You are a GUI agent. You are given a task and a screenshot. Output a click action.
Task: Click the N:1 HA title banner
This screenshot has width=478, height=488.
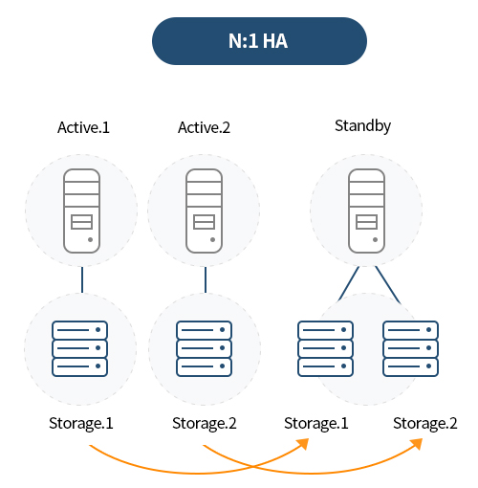(x=259, y=41)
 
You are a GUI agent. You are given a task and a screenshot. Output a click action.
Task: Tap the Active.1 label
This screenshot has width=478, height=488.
(x=83, y=127)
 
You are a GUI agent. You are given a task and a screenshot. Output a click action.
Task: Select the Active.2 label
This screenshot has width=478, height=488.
(x=204, y=127)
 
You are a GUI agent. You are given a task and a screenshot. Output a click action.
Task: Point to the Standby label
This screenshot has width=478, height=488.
(x=362, y=126)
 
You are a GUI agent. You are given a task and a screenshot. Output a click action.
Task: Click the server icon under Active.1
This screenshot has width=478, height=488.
(x=81, y=211)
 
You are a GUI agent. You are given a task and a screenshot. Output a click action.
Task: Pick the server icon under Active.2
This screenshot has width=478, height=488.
(x=204, y=211)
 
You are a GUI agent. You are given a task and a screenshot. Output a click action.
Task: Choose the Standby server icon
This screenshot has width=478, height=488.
(x=366, y=211)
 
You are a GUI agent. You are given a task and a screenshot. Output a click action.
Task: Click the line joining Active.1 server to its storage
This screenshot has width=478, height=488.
(x=82, y=279)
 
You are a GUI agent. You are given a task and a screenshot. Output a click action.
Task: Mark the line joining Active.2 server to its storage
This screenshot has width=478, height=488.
(x=206, y=279)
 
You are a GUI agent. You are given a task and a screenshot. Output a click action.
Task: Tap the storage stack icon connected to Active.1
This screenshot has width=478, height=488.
(x=79, y=348)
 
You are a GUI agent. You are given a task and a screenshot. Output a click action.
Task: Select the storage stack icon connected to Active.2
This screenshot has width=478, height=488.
(x=204, y=348)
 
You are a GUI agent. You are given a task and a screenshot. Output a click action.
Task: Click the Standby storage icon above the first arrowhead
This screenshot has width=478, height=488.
(x=325, y=348)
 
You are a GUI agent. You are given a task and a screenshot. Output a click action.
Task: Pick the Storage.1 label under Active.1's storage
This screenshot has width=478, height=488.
(x=81, y=423)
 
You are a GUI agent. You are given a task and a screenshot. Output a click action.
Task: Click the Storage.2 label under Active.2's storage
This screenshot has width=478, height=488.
(x=205, y=423)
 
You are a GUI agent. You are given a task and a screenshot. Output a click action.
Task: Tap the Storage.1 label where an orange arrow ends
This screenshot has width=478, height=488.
(x=316, y=423)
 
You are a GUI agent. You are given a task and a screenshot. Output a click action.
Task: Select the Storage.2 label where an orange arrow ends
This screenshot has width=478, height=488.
(x=425, y=423)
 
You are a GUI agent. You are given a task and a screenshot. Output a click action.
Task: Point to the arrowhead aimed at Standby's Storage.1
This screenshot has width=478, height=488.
(x=303, y=444)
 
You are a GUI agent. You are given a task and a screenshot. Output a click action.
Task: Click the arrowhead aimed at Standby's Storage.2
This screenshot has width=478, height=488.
(x=416, y=444)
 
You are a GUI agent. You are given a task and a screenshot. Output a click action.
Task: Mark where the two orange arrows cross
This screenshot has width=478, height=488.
(x=252, y=467)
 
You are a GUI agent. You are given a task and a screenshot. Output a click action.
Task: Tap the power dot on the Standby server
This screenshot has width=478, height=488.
(x=375, y=239)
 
